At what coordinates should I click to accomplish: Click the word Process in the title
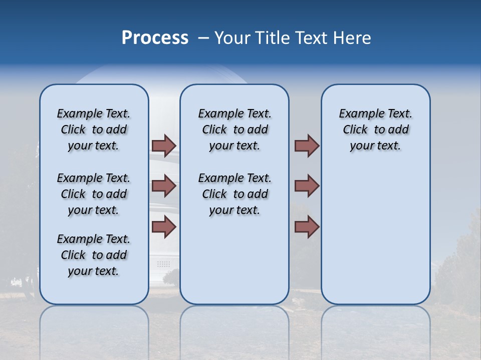click(155, 38)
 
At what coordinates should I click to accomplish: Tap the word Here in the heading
click(353, 38)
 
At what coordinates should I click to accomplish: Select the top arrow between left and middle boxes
click(163, 145)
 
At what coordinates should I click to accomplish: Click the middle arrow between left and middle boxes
click(163, 186)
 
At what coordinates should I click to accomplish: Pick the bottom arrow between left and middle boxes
click(163, 227)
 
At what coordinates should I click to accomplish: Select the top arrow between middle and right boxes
click(307, 145)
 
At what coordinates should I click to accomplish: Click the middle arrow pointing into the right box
click(307, 186)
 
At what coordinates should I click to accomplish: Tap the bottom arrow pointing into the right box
click(307, 227)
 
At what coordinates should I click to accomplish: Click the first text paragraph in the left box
click(94, 129)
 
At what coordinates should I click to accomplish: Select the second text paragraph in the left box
click(94, 194)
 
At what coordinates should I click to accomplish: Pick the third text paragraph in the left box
click(94, 255)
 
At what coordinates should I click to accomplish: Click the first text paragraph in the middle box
click(234, 129)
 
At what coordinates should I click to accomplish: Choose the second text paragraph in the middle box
click(234, 194)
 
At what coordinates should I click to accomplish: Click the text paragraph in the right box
click(375, 129)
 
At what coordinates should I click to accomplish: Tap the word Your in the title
click(233, 38)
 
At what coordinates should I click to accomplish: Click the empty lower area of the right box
click(375, 240)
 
